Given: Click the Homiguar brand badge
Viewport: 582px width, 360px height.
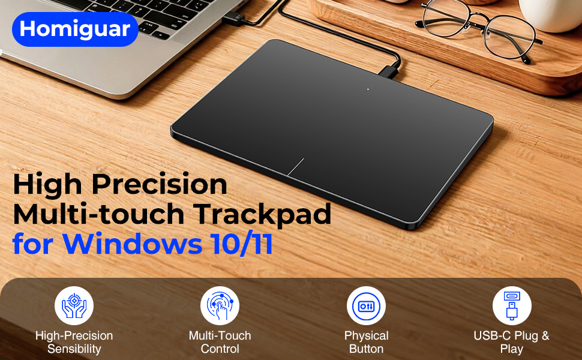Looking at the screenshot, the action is click(75, 29).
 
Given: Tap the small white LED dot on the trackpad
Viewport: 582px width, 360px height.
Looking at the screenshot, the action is click(368, 89).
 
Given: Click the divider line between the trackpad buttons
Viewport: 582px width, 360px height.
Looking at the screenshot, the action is click(296, 167).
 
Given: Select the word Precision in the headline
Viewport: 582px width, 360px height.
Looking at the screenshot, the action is click(160, 184).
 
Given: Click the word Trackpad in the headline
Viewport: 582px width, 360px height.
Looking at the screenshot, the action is click(263, 215).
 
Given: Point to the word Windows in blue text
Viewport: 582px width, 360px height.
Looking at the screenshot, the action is click(133, 244).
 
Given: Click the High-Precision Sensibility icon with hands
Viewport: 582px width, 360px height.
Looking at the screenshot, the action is click(74, 306).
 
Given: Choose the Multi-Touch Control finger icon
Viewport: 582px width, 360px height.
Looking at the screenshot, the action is click(220, 306).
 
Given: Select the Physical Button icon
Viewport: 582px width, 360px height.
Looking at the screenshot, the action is click(367, 306).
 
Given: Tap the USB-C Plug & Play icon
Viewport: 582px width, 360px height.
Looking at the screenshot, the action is click(512, 306).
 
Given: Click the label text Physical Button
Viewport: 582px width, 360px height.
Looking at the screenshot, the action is click(367, 342).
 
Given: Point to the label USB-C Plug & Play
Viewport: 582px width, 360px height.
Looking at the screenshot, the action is click(511, 342).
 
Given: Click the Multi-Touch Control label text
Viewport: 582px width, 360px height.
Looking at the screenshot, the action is click(220, 342).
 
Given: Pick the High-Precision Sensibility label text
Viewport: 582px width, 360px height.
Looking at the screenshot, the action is click(74, 342).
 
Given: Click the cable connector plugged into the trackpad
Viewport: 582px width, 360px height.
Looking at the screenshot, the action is click(389, 71).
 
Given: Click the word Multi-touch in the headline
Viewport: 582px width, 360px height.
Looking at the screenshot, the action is click(99, 215).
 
